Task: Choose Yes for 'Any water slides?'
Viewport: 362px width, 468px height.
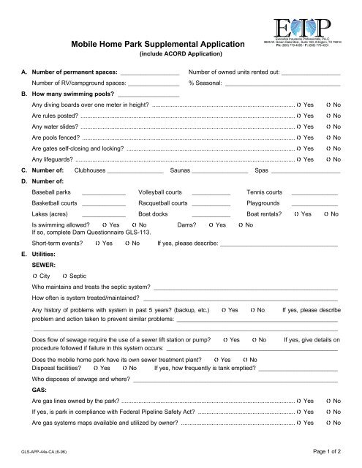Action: point(300,132)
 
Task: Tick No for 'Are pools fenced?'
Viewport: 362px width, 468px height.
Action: point(328,146)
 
